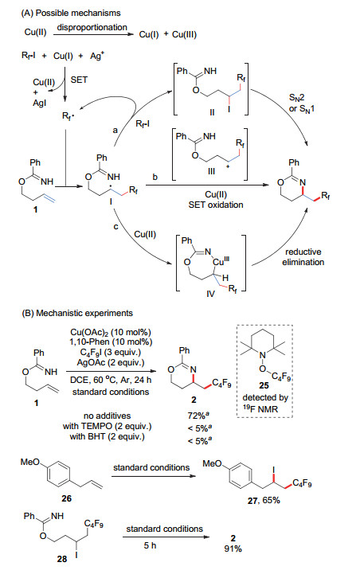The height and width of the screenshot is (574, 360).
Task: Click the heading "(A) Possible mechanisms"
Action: tap(71, 14)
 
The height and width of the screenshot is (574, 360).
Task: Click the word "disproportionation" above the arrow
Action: tap(92, 27)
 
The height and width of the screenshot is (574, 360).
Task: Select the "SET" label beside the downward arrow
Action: tap(79, 80)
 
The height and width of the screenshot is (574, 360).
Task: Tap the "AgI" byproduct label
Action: tap(40, 103)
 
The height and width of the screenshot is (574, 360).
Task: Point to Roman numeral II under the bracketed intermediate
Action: tap(212, 112)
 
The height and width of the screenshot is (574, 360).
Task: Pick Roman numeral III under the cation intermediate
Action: tap(211, 171)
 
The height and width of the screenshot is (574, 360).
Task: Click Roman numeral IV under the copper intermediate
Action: tap(210, 294)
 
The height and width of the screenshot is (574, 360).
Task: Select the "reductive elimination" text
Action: tap(303, 257)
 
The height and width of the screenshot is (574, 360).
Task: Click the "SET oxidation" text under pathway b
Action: tap(216, 205)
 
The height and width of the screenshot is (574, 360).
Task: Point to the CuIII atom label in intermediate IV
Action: tap(222, 261)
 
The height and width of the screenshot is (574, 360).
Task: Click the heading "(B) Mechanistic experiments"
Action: tap(77, 314)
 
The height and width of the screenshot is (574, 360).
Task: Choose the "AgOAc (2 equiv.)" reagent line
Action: tap(111, 363)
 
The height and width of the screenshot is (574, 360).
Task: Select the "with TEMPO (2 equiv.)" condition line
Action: tap(108, 426)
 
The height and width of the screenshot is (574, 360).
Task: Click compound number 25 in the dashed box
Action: tap(264, 385)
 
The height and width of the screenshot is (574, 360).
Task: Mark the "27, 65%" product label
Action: tap(264, 501)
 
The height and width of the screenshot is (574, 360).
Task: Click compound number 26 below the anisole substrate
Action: tap(67, 498)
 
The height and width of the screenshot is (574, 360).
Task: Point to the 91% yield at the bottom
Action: tap(233, 549)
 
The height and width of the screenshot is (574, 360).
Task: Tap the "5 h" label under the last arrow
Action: tap(151, 545)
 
